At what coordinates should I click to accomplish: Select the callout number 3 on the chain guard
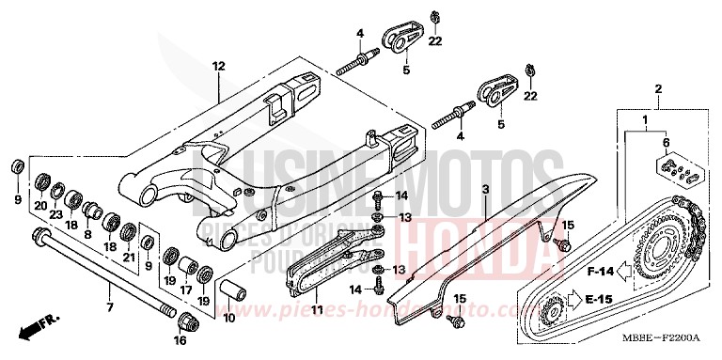(485, 189)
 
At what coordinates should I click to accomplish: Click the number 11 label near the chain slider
(316, 309)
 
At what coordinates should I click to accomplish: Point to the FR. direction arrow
(36, 327)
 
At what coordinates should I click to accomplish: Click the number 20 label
(40, 206)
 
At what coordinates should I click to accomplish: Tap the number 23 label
(55, 214)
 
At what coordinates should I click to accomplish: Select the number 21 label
(130, 257)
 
